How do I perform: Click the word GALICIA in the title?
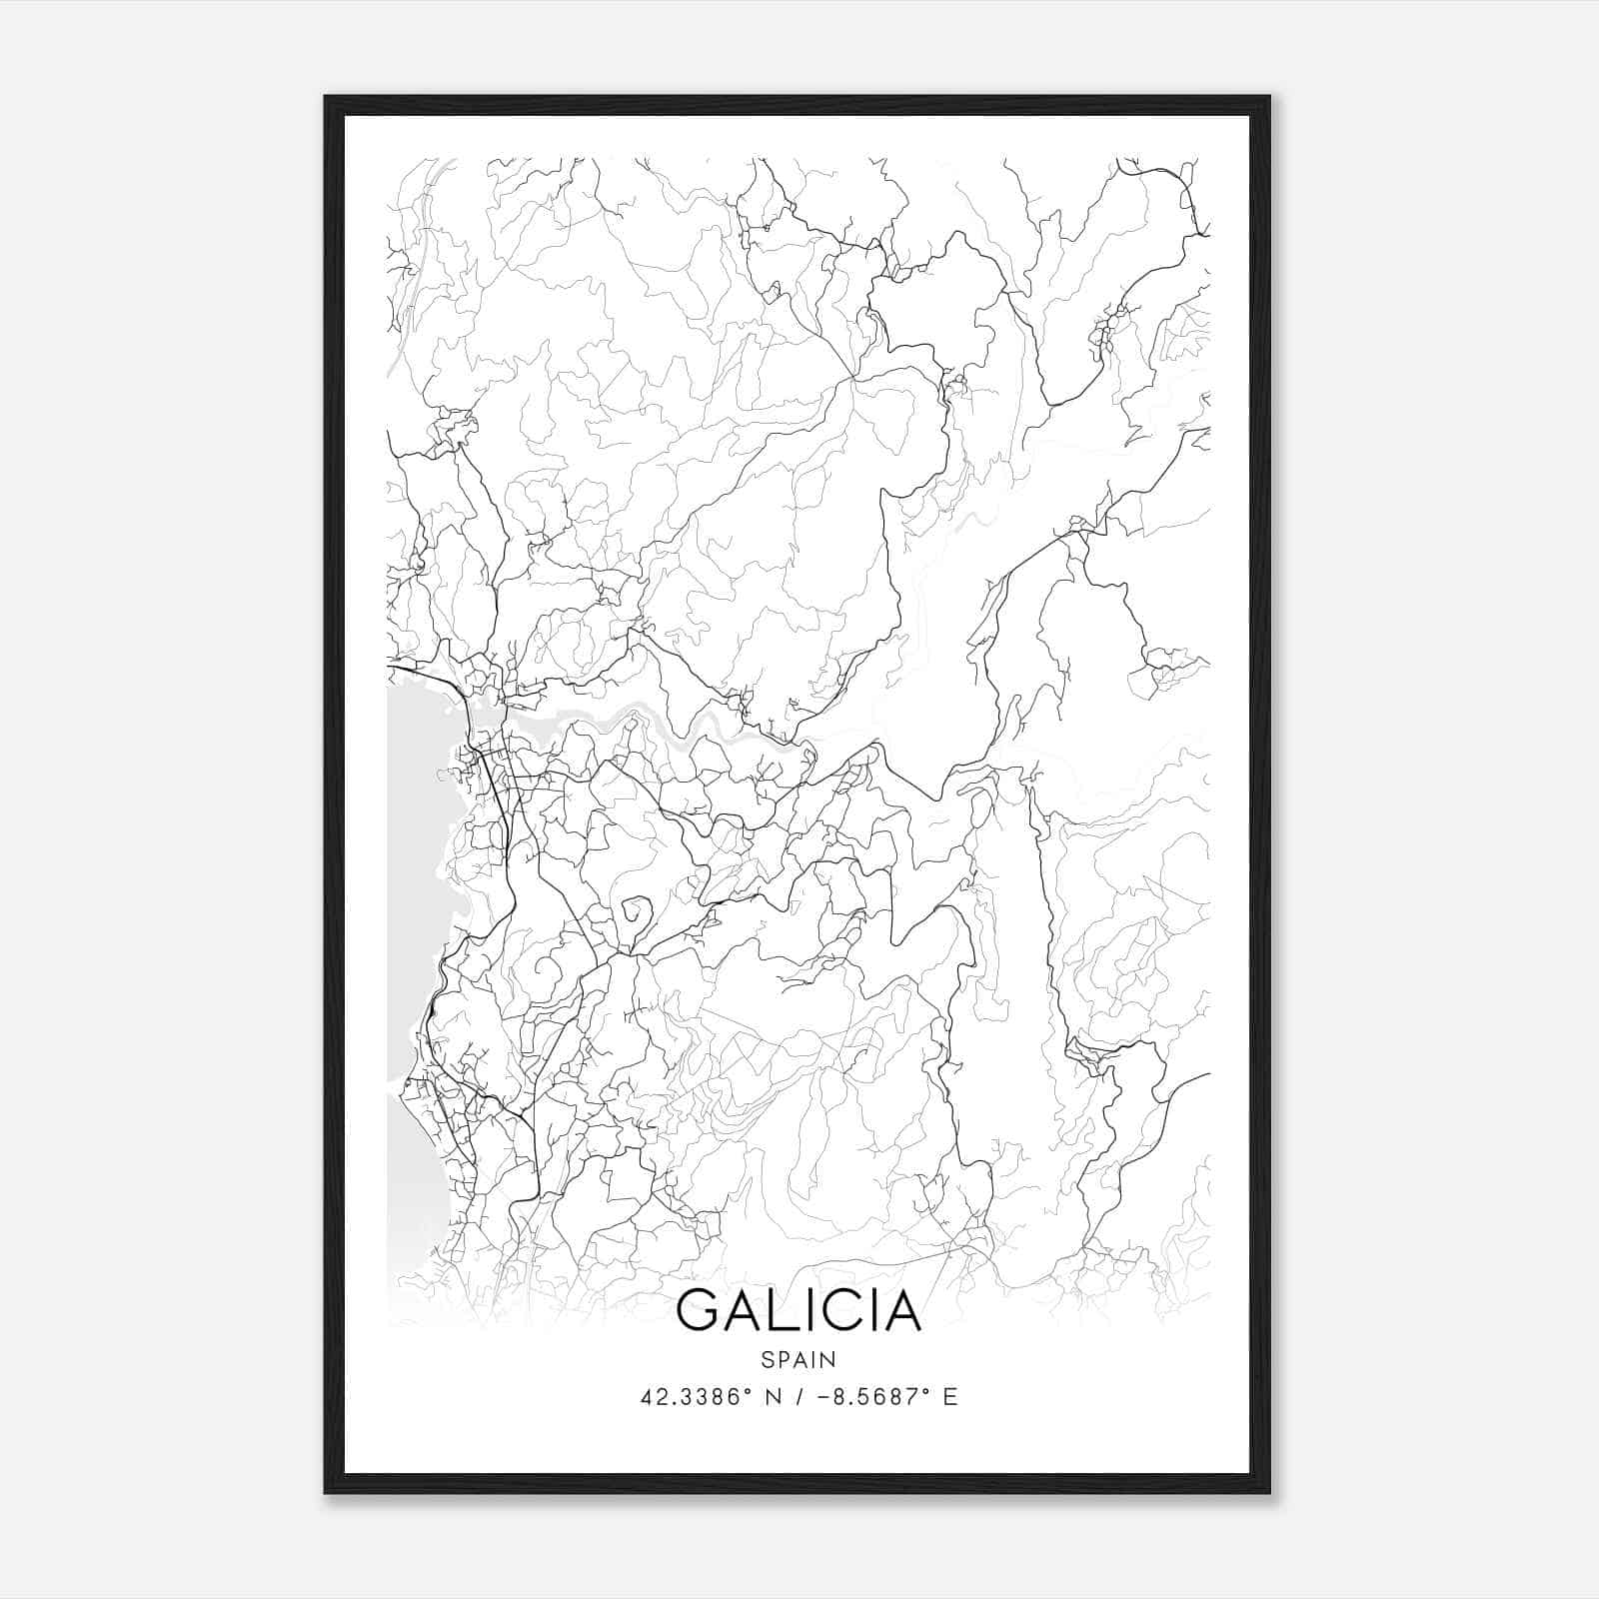tap(798, 1311)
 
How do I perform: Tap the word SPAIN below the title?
tap(798, 1359)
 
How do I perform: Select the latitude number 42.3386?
tap(689, 1397)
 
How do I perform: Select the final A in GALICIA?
tap(901, 1311)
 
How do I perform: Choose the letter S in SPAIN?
tap(767, 1359)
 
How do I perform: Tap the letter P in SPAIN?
tap(782, 1359)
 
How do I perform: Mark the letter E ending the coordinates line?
tap(950, 1397)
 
